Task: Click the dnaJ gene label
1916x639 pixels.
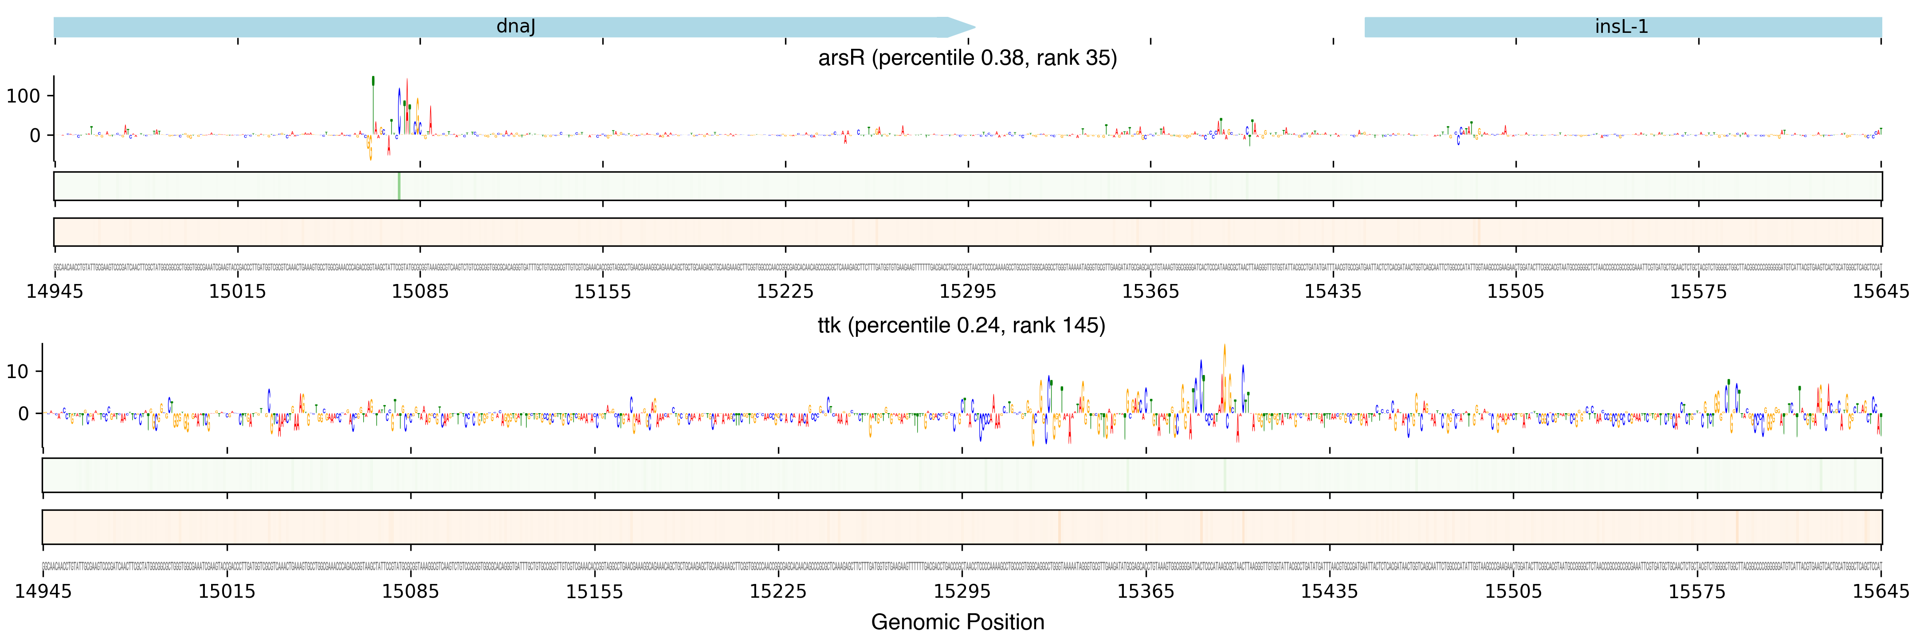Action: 515,27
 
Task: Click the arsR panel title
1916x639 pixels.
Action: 967,58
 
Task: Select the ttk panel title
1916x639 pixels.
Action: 961,325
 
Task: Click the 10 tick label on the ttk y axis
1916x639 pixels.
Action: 17,371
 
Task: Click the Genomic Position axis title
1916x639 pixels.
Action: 957,622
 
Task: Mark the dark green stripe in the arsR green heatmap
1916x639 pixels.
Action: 399,186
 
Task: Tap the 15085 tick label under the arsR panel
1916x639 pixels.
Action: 420,292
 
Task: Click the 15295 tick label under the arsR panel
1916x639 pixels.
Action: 968,292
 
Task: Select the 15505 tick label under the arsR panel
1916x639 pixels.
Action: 1515,292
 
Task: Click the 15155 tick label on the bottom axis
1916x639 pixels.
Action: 594,592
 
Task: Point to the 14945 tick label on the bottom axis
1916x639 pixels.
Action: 43,592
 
